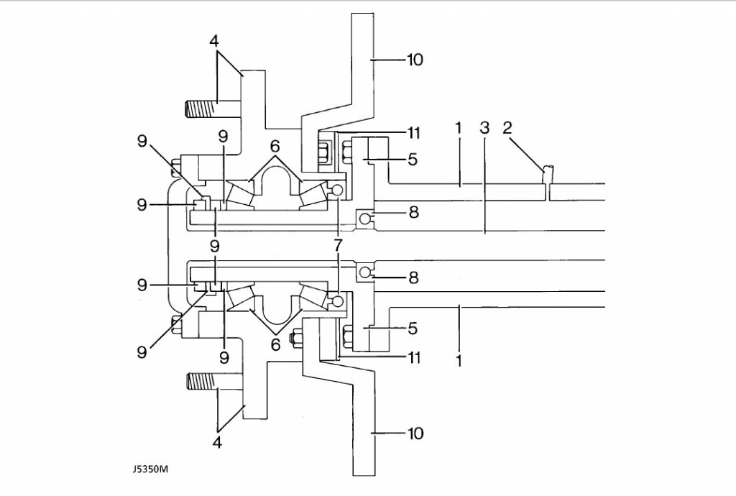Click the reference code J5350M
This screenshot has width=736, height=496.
149,469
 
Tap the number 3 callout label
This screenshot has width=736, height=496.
485,128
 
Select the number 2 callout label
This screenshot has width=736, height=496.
507,128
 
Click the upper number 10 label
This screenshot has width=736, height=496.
415,60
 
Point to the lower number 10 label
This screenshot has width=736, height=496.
415,433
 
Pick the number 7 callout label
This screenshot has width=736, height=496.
338,245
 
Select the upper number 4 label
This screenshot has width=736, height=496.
214,41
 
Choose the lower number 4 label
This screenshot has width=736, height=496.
217,442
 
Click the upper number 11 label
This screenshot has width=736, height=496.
413,133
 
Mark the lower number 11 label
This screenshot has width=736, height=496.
413,357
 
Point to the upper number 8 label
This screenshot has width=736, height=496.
413,212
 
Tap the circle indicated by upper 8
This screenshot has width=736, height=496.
364,218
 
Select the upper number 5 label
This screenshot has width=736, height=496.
413,160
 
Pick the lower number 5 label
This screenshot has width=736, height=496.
413,329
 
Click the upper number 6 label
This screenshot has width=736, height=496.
275,147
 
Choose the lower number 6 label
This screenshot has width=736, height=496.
275,344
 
